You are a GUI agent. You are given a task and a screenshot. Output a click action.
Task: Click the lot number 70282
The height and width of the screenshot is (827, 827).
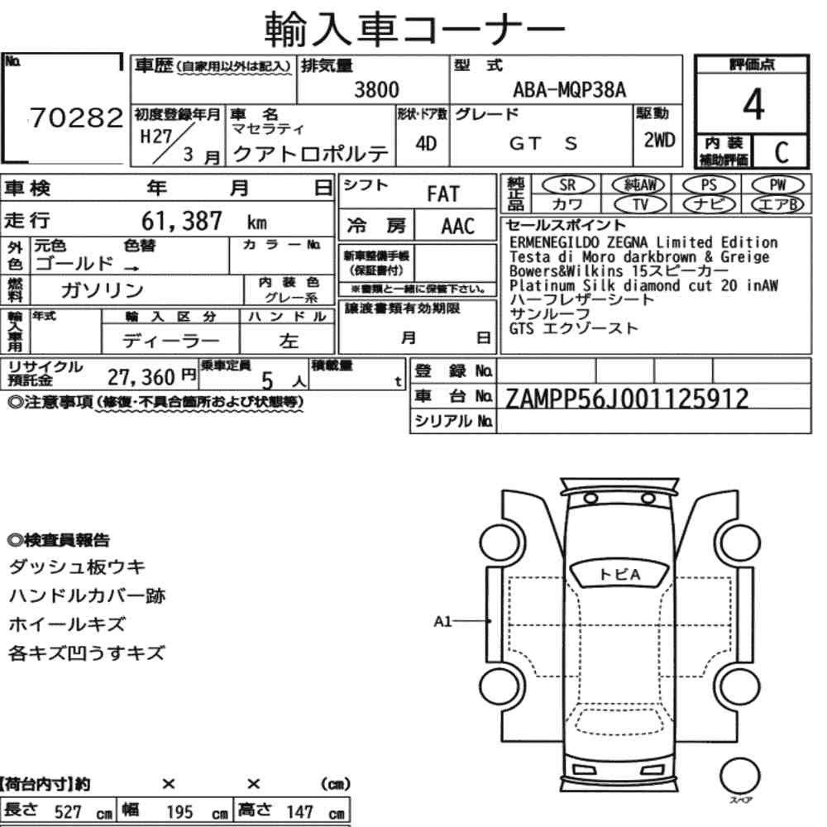coord(76,117)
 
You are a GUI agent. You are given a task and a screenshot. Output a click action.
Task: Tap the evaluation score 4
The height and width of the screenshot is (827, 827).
coord(753,104)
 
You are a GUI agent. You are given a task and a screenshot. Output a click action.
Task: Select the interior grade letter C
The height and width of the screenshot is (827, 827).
coord(782,152)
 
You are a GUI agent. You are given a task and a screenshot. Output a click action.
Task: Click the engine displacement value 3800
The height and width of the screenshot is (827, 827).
coord(376,89)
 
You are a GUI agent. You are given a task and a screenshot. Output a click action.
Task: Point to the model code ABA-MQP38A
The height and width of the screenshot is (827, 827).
coord(570,89)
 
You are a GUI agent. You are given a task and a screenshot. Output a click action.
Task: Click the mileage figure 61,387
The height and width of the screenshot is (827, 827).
coord(181,221)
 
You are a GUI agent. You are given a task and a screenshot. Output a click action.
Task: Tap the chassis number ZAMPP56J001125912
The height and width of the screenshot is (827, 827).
coord(627,399)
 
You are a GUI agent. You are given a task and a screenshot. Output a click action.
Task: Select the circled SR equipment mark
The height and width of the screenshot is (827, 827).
coord(567,185)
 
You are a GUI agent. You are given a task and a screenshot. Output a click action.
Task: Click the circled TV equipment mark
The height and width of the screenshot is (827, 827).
coord(640,204)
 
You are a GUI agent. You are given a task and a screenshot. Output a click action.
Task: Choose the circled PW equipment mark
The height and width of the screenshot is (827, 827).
coord(777,185)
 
